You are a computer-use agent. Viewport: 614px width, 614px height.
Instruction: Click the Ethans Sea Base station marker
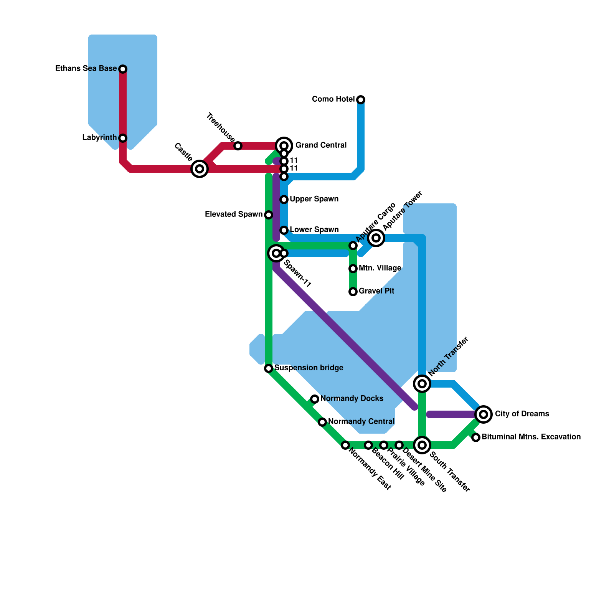pyautogui.click(x=123, y=69)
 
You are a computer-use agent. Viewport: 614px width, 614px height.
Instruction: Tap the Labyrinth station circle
pyautogui.click(x=123, y=138)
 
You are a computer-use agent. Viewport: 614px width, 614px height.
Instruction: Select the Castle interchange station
pyautogui.click(x=200, y=168)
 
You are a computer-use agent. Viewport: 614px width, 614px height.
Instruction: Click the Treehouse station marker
pyautogui.click(x=238, y=146)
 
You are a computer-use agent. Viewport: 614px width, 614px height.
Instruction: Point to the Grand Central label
pyautogui.click(x=321, y=145)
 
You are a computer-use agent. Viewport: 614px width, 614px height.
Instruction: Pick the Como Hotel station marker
pyautogui.click(x=361, y=100)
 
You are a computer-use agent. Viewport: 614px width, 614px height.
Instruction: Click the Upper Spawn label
pyautogui.click(x=314, y=199)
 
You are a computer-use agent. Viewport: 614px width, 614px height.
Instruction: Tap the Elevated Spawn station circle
pyautogui.click(x=269, y=215)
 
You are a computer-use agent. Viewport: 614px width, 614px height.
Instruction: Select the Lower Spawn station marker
pyautogui.click(x=284, y=230)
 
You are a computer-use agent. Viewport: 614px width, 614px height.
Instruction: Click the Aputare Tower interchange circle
pyautogui.click(x=376, y=238)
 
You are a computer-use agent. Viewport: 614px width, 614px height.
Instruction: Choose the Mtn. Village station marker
pyautogui.click(x=353, y=269)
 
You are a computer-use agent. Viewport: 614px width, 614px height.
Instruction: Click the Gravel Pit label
pyautogui.click(x=376, y=291)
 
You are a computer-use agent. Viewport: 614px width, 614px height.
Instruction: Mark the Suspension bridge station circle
pyautogui.click(x=269, y=368)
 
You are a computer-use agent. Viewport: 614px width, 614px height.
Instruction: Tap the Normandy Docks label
pyautogui.click(x=352, y=398)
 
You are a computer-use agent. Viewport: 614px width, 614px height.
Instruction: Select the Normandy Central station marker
pyautogui.click(x=322, y=422)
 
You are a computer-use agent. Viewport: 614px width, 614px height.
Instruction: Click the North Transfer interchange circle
pyautogui.click(x=422, y=384)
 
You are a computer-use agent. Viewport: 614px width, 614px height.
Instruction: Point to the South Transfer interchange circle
pyautogui.click(x=422, y=445)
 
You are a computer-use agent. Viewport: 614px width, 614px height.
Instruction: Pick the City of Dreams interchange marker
pyautogui.click(x=484, y=414)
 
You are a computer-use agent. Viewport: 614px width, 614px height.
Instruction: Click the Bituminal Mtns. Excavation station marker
pyautogui.click(x=476, y=437)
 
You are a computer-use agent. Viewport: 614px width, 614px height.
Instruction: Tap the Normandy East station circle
pyautogui.click(x=345, y=445)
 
